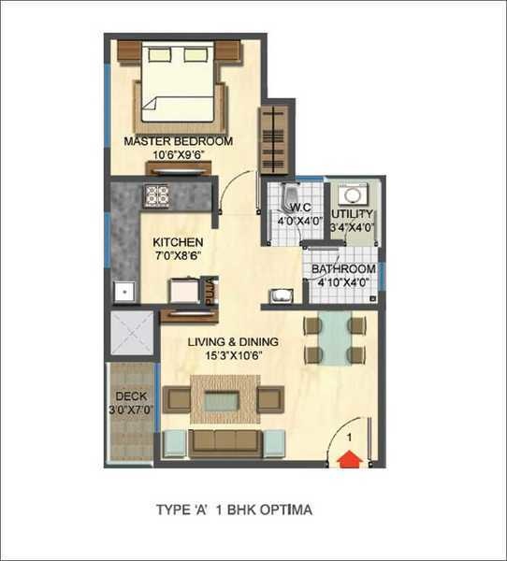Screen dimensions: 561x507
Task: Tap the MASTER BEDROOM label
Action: click(x=178, y=141)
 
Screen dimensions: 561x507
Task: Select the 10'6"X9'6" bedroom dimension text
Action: click(x=178, y=155)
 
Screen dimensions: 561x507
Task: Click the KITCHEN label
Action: click(x=178, y=242)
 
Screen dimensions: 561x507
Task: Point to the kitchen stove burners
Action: click(x=156, y=195)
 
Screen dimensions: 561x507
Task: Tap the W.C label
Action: click(x=298, y=208)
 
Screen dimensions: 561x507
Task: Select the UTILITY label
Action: click(x=352, y=213)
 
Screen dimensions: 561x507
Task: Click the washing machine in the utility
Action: click(x=352, y=194)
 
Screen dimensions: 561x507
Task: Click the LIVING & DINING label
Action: click(x=232, y=342)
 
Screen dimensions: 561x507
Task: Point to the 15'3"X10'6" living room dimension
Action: click(x=232, y=355)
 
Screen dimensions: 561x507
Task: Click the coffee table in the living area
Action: click(x=224, y=400)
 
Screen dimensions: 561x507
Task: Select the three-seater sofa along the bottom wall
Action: click(x=224, y=441)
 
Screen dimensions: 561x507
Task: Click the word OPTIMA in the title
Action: click(x=285, y=511)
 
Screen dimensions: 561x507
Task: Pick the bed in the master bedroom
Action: click(x=182, y=89)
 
